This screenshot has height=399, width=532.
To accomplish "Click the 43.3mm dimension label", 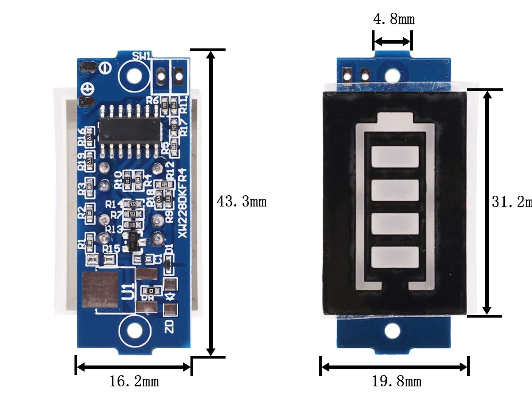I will tap(242, 202).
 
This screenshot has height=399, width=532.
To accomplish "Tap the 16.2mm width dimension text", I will tap(134, 381).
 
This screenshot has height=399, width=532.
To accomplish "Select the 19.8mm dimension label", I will tap(396, 381).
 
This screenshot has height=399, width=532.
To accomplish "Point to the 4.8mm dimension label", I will tap(394, 20).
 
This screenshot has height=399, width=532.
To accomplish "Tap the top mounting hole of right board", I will tap(392, 74).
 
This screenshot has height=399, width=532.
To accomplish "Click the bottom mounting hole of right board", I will tap(392, 331).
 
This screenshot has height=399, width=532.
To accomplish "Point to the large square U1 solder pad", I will tap(99, 291).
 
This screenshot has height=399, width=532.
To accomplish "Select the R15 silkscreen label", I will tap(111, 248).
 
